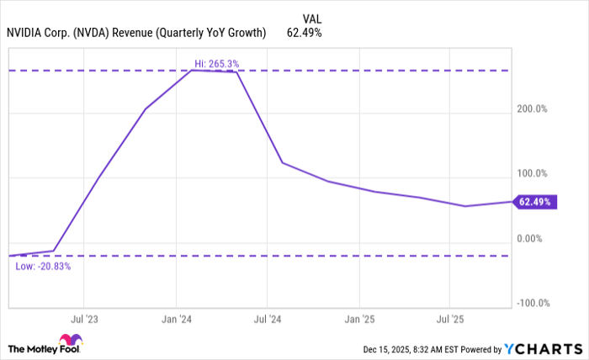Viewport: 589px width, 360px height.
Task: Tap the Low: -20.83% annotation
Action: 43,266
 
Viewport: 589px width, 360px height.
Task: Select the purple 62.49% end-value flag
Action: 533,202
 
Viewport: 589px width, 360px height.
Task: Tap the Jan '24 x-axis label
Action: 175,320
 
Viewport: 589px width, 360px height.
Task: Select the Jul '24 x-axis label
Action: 267,320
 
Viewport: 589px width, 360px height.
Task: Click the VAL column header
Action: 311,18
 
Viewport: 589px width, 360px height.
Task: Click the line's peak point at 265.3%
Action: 193,71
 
